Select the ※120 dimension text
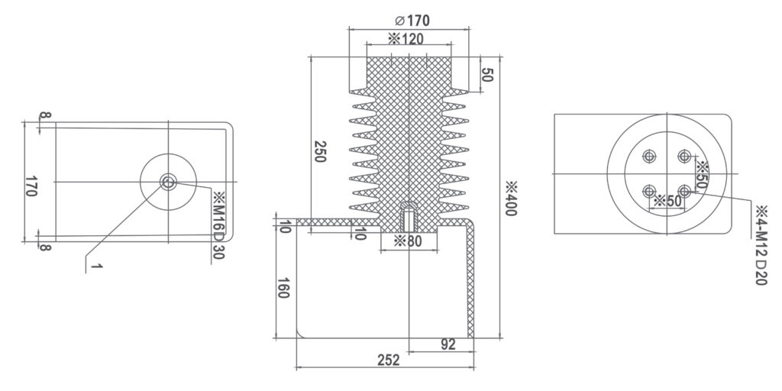406,39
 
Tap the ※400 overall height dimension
510,199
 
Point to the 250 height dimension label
321,152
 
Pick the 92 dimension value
448,344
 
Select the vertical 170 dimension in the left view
31,187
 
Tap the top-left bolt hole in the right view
649,157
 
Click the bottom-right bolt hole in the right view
685,191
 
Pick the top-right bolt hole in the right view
685,157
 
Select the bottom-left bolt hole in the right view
649,191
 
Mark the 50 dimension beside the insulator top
487,74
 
